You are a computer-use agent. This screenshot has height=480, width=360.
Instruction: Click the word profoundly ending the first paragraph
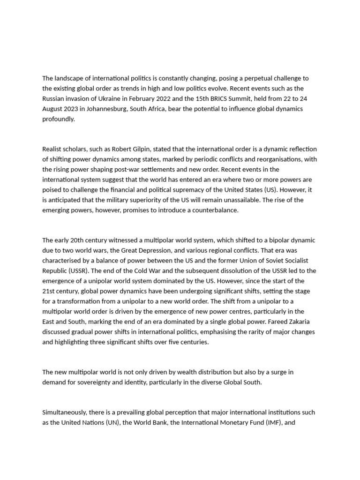(x=58, y=119)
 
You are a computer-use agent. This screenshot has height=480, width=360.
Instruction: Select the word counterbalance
(x=216, y=210)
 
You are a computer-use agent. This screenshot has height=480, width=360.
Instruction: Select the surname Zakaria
(x=303, y=322)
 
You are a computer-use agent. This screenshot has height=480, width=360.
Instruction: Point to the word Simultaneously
(x=64, y=412)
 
